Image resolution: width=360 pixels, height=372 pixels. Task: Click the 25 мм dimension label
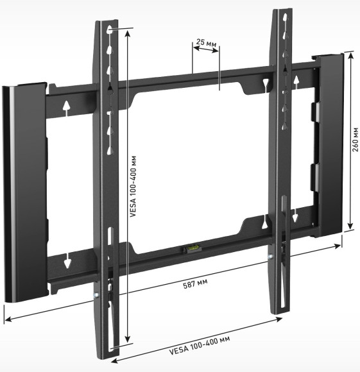click(x=205, y=43)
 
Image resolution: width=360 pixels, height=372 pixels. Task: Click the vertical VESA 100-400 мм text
click(x=133, y=187)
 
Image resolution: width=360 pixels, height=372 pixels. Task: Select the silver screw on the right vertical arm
click(x=271, y=258)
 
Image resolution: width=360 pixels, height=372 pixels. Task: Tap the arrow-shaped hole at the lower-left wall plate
click(x=67, y=261)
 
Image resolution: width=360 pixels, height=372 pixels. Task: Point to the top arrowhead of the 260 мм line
click(x=350, y=55)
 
